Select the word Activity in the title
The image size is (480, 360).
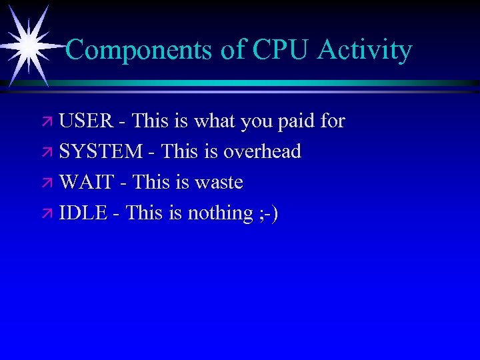point(365,50)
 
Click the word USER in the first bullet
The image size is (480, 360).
point(87,121)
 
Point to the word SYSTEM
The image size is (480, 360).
point(101,152)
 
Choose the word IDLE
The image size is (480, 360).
point(83,213)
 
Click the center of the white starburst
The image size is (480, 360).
point(29,45)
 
